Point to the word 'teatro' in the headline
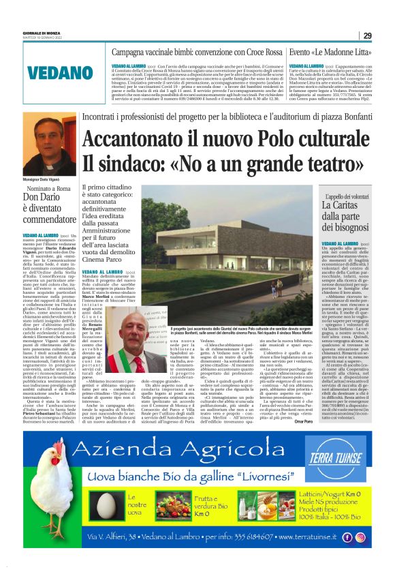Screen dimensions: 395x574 click(x=329, y=164)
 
